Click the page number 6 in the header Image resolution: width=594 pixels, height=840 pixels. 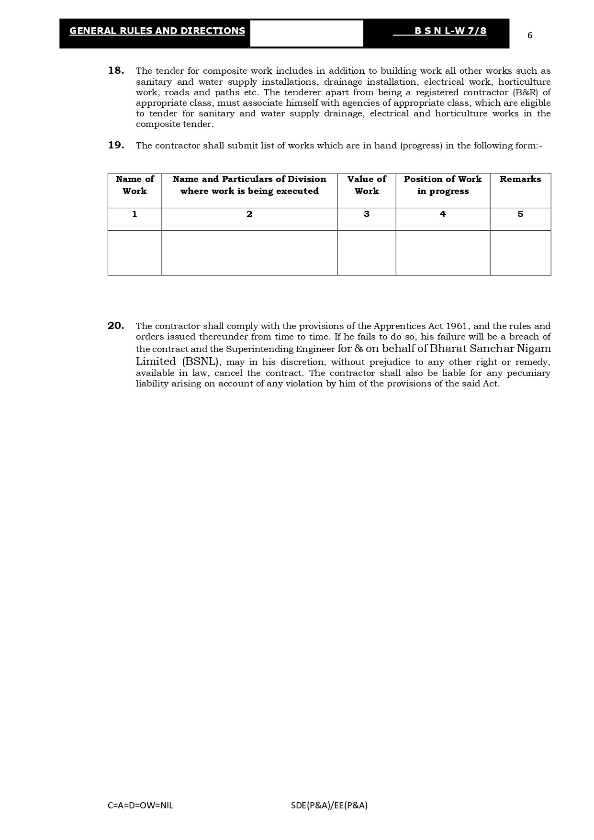529,35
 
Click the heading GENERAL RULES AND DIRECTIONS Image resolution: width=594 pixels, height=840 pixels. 157,31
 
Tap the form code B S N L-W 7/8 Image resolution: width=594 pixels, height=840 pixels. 450,31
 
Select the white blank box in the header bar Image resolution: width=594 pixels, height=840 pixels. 306,34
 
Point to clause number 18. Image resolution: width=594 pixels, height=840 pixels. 116,71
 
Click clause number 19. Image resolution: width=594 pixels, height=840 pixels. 116,145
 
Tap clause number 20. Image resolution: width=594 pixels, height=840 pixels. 116,326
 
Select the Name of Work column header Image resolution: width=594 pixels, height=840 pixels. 134,185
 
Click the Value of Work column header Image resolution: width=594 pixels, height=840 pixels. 367,185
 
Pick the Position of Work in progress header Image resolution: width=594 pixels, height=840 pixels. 443,185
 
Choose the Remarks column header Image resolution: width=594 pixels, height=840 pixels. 520,179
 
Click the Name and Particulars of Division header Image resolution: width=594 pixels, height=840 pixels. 249,185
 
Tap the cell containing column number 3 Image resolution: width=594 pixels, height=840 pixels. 367,215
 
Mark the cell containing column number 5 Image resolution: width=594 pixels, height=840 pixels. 520,215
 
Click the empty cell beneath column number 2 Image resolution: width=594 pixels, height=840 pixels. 249,253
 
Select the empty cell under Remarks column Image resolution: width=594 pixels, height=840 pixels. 520,253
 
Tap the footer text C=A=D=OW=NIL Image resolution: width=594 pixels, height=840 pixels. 141,805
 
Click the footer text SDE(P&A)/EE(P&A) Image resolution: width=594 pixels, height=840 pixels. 329,805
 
